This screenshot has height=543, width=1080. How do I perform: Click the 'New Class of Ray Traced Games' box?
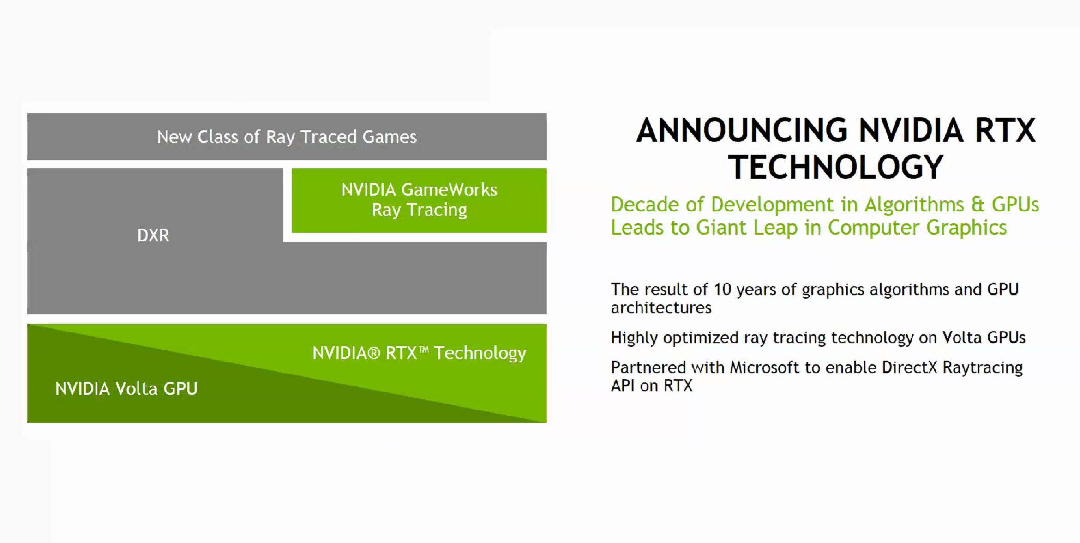(287, 137)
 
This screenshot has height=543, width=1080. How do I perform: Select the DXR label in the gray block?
(153, 235)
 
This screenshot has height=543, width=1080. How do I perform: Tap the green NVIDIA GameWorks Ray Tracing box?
(419, 200)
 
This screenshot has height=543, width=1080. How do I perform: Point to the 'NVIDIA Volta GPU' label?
(126, 389)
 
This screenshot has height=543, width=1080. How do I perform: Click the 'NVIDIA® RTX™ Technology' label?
(419, 353)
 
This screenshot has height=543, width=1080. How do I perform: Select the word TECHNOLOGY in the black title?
(836, 167)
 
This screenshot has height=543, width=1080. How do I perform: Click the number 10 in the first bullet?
(722, 290)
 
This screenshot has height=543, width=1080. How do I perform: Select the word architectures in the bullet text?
(661, 308)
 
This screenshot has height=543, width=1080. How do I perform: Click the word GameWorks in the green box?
(449, 190)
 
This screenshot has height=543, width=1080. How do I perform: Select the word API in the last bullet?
(623, 386)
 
